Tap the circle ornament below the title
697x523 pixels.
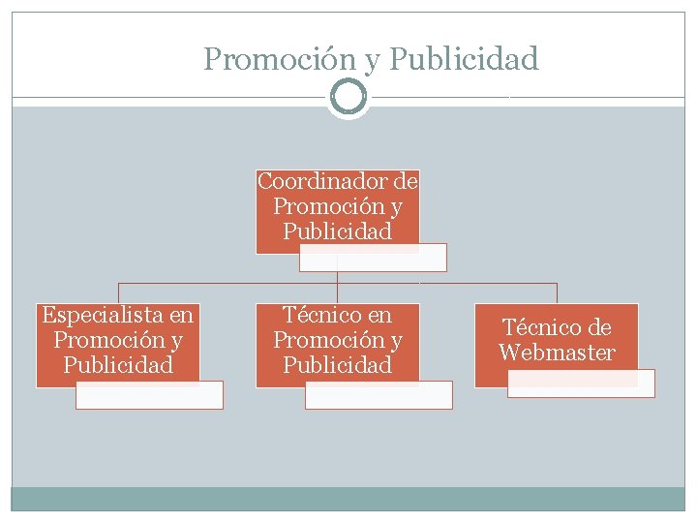348,97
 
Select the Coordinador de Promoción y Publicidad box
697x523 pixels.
337,207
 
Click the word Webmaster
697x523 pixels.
557,353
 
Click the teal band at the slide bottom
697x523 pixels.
348,498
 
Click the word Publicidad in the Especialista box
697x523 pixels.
117,365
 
